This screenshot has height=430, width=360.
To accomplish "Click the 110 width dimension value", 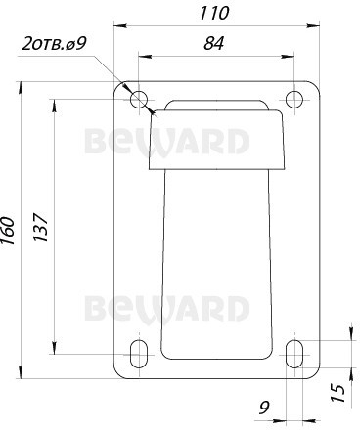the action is (x=214, y=14).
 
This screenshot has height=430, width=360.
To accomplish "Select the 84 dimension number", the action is (x=214, y=43).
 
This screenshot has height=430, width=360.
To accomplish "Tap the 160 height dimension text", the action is (x=8, y=231).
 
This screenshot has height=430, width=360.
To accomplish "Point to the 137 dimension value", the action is (x=41, y=227).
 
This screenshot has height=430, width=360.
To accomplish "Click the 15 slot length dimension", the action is (x=338, y=393).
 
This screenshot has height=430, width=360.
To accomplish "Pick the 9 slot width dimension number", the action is (x=264, y=408).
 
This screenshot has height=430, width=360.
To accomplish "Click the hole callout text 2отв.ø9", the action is (x=54, y=44).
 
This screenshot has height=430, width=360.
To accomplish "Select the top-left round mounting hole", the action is (x=139, y=99).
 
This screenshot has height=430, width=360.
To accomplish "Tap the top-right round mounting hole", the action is (x=294, y=99).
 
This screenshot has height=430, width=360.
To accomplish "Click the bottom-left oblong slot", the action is (x=139, y=354).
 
